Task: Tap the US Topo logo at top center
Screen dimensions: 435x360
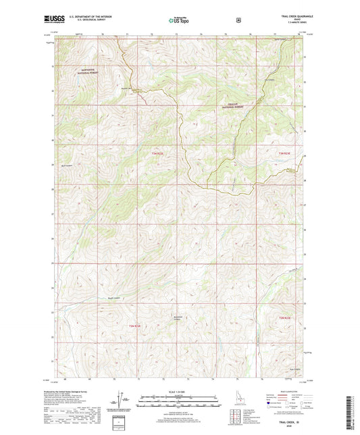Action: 178,20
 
